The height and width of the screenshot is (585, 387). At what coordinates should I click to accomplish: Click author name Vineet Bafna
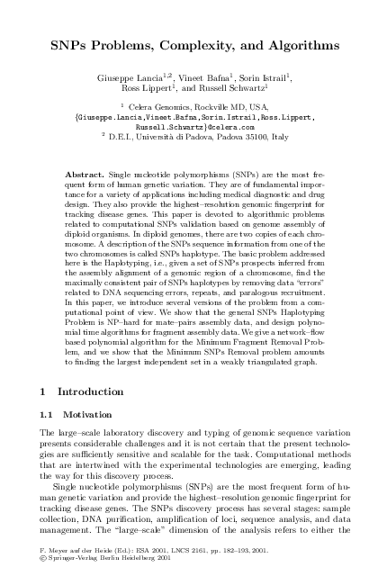pos(202,79)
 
